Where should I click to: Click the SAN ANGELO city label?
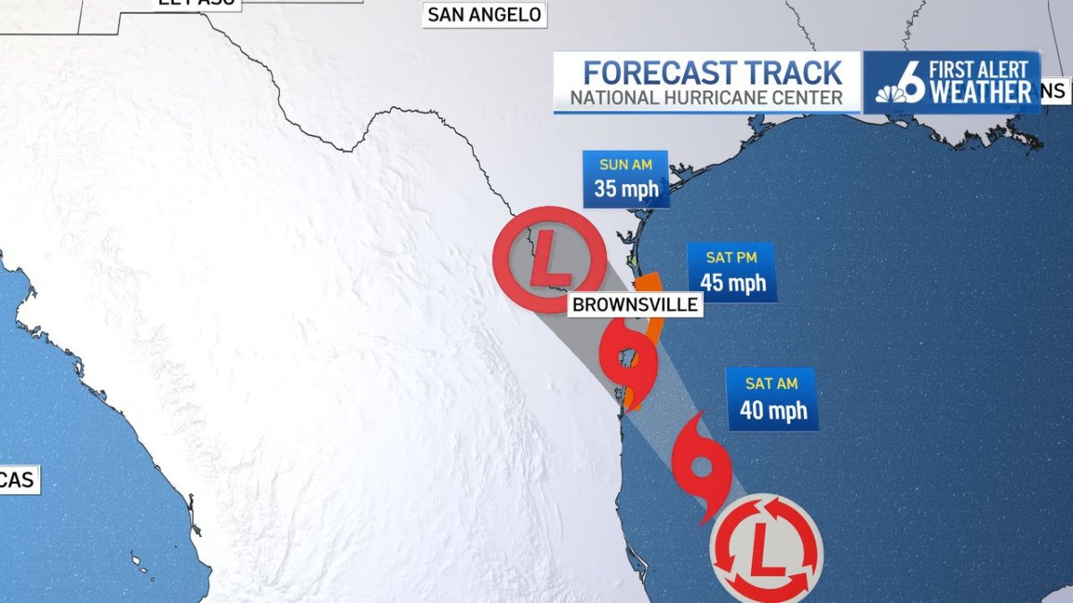pyautogui.click(x=484, y=14)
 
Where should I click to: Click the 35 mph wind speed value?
pyautogui.click(x=626, y=189)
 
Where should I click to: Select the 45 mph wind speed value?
pyautogui.click(x=733, y=283)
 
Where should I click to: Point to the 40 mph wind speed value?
pyautogui.click(x=773, y=410)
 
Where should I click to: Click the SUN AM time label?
pyautogui.click(x=626, y=165)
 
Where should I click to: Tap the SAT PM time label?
pyautogui.click(x=731, y=257)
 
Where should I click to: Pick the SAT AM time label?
pyautogui.click(x=771, y=384)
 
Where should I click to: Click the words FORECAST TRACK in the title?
pyautogui.click(x=713, y=72)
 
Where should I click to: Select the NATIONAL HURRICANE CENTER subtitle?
pyautogui.click(x=706, y=98)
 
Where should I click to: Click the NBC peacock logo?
pyautogui.click(x=890, y=93)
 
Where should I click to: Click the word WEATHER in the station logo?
pyautogui.click(x=980, y=92)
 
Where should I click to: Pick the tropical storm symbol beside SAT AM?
pyautogui.click(x=702, y=466)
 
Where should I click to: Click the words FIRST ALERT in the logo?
pyautogui.click(x=981, y=69)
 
